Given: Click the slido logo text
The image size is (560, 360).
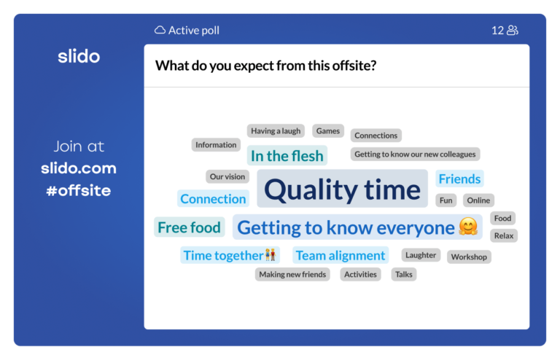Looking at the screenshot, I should click(79, 56).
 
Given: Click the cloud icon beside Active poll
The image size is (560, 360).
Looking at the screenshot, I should click(160, 30).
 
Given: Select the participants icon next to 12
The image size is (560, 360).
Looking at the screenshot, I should click(513, 30).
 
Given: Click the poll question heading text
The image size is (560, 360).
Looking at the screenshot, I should click(265, 65).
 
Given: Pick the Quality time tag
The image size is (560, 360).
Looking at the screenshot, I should click(342, 189).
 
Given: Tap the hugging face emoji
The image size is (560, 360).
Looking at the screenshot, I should click(468, 227).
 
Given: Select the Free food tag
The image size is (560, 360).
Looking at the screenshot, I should click(189, 227).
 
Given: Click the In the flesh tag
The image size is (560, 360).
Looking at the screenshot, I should click(287, 156).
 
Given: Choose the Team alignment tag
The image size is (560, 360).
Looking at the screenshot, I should click(341, 255).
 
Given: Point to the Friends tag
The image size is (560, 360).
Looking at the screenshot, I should click(459, 179).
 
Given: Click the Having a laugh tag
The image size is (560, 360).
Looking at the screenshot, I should click(276, 131).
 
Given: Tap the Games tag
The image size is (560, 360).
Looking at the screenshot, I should click(328, 131).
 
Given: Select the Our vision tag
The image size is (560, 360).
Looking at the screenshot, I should click(227, 176).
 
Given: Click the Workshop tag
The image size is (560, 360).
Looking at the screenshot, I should click(469, 257).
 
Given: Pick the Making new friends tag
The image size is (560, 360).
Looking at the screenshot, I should click(292, 274).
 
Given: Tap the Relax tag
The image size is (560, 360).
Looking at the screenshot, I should click(504, 235).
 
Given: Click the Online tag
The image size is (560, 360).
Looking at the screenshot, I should click(478, 200).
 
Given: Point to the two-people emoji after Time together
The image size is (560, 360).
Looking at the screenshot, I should click(271, 255).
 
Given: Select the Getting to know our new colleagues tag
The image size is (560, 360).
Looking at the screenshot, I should click(415, 154).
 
